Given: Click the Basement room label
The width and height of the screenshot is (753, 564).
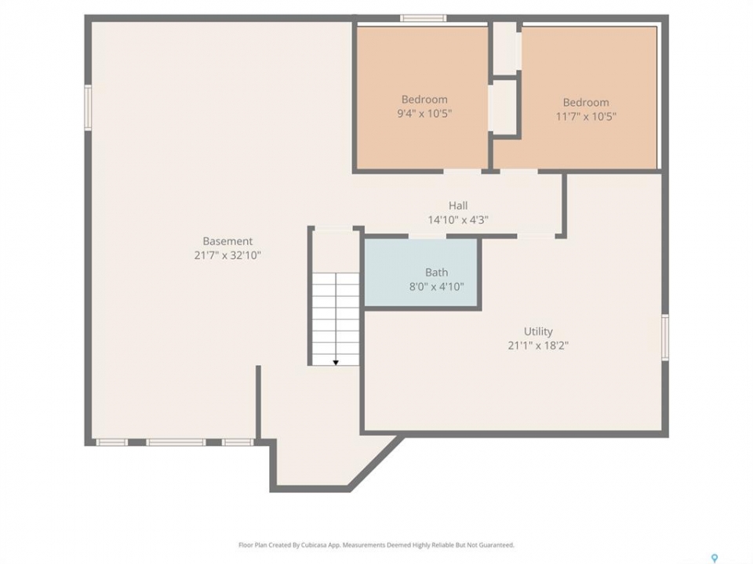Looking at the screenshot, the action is (x=227, y=241).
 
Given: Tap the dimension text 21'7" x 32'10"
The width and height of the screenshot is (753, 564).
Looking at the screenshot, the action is (x=227, y=255).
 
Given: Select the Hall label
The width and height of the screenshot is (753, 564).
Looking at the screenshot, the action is (x=458, y=206).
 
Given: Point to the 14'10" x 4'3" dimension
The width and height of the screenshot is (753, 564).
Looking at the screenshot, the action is (x=458, y=220).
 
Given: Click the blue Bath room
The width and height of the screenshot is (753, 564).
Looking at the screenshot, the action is (x=421, y=273).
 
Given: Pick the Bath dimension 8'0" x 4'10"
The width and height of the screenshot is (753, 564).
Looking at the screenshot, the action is (x=437, y=287).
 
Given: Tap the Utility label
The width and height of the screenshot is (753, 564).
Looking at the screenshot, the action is (x=538, y=331).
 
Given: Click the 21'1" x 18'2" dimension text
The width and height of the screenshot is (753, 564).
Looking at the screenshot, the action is (x=538, y=345).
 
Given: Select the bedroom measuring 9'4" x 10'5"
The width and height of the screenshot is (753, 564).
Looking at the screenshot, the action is (x=422, y=98).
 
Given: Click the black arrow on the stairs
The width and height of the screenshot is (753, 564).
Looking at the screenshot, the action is (x=336, y=362).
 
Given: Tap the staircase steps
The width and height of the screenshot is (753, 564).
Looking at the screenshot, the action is (x=336, y=319).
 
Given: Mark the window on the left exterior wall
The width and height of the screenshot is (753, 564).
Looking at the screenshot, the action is (x=88, y=107).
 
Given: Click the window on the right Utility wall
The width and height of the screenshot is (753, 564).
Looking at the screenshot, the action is (x=665, y=337).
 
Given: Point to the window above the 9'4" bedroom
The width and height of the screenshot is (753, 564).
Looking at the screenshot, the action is (x=424, y=19).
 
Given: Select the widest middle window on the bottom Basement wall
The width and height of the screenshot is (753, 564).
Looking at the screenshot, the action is (x=176, y=442).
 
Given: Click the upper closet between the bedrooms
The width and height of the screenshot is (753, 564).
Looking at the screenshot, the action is (x=505, y=48).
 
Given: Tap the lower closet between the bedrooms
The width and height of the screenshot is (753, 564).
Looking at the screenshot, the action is (x=503, y=107).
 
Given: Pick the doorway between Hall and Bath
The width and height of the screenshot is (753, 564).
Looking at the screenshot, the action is (x=428, y=236).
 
